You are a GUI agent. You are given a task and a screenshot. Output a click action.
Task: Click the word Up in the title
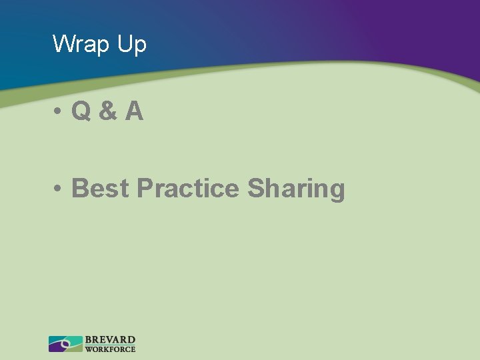coord(131,45)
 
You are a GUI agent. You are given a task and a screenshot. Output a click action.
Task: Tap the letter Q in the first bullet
coord(81,111)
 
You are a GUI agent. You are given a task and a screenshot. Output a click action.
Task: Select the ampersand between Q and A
coord(107,111)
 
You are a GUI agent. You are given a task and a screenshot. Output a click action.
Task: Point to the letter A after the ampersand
coord(133,111)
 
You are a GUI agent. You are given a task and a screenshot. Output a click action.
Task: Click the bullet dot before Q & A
coord(60,112)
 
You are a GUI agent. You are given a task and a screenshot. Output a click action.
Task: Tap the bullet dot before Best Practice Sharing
coord(60,189)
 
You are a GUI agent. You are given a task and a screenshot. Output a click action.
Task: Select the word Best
coord(100,189)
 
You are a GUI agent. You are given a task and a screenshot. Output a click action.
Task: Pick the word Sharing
coord(296,190)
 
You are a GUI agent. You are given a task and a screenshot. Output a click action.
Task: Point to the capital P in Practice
coord(145,189)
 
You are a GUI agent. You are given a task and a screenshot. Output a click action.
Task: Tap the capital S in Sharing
coord(256,189)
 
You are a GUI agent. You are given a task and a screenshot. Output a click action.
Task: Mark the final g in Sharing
coord(337,192)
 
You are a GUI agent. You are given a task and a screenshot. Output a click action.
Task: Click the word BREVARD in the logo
coord(110,340)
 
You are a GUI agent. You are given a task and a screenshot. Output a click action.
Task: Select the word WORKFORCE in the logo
coord(110,349)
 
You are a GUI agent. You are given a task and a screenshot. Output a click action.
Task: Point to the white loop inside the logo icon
coord(65,344)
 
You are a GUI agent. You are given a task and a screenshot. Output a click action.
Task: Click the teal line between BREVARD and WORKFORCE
coord(110,345)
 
